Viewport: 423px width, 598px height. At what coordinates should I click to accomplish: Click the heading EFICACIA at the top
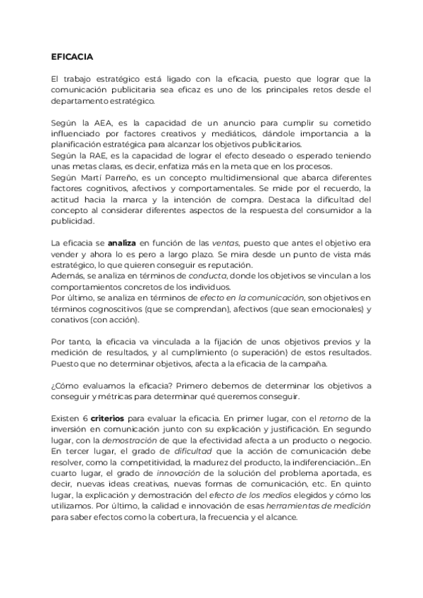pyautogui.click(x=72, y=56)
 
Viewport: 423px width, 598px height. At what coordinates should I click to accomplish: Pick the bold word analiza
pyautogui.click(x=112, y=243)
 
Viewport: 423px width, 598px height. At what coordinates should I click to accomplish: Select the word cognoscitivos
pyautogui.click(x=109, y=310)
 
